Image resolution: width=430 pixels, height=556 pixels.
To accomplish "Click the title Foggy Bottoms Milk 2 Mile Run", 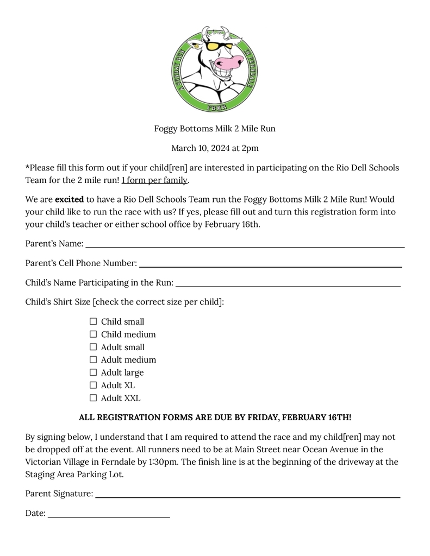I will point(215,129).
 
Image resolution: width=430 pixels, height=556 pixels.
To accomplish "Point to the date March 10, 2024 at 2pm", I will point(215,148).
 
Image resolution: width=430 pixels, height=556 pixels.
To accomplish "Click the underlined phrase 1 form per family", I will point(154,180).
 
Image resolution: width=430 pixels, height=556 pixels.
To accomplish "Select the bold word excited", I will point(69,199).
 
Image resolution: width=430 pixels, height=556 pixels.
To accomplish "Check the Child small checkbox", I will point(93,321).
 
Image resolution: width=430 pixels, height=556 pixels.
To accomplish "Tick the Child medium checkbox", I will point(93,334).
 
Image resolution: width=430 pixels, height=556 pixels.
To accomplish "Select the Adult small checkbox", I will point(93,347).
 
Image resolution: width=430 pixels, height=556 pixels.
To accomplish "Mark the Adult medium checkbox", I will point(93,359).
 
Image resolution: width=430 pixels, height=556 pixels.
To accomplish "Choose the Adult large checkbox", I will point(93,372).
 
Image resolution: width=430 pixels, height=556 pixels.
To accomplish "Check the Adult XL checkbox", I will point(93,385).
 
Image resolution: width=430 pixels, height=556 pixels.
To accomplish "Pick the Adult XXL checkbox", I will point(93,398).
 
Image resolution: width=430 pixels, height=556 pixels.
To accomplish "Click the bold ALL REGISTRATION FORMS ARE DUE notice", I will point(215,418).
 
